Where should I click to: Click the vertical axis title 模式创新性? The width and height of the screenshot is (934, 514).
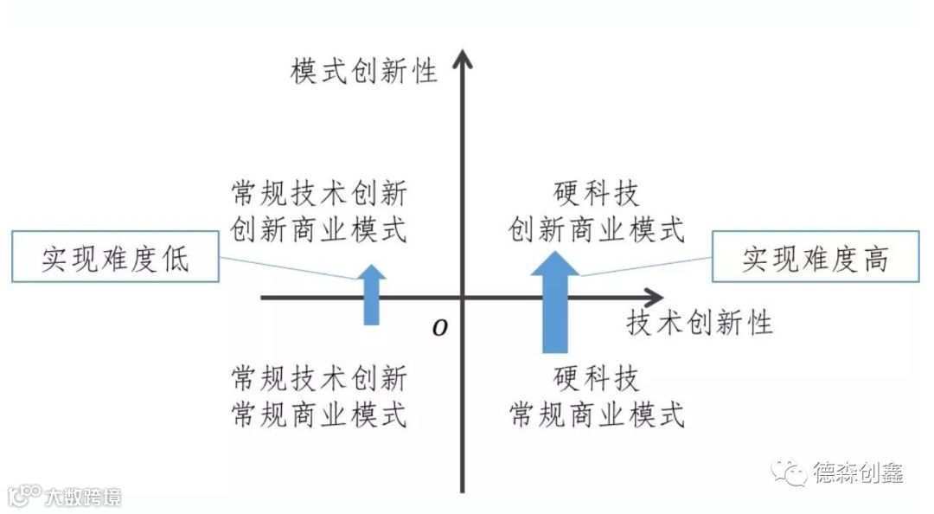(364, 71)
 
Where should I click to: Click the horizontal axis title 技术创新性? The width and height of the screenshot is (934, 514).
(699, 323)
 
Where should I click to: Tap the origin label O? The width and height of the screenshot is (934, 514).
(440, 328)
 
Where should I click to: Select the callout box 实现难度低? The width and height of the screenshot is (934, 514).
(114, 257)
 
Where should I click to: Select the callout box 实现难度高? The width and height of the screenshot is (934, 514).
(815, 257)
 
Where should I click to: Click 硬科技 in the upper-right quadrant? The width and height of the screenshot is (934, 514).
(596, 193)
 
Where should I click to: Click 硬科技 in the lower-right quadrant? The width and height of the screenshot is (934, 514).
(596, 379)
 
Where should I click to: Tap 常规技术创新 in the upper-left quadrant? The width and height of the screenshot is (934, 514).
(319, 193)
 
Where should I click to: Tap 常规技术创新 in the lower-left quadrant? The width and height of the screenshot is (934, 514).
(319, 379)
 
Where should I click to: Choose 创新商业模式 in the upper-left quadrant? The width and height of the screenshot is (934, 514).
(319, 230)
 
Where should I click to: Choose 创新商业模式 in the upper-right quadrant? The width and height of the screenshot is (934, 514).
(596, 230)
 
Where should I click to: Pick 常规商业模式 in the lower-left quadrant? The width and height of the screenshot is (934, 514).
(319, 415)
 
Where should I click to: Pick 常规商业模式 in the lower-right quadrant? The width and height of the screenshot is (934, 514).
(596, 415)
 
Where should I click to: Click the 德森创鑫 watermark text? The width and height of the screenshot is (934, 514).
(858, 472)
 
